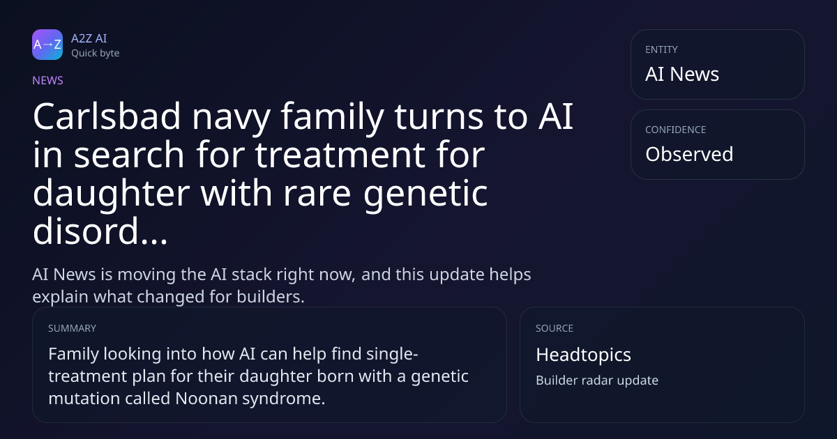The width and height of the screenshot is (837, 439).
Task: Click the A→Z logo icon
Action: (x=47, y=45)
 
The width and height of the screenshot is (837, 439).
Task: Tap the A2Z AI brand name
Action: (x=89, y=38)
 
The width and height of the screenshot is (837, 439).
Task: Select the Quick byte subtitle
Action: (x=96, y=54)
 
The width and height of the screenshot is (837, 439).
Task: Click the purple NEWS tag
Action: (x=47, y=80)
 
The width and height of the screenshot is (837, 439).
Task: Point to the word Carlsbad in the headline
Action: (x=107, y=116)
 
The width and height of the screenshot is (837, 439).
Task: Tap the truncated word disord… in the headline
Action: (x=100, y=231)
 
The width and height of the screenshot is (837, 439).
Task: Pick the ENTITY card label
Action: (x=661, y=49)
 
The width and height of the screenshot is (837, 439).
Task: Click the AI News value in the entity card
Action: (x=682, y=74)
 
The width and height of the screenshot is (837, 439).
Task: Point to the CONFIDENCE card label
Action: (x=675, y=130)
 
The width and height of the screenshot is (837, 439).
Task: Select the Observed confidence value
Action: (x=689, y=154)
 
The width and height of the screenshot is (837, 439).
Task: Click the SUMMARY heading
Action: (x=72, y=328)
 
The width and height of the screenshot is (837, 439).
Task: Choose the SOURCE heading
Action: (x=554, y=328)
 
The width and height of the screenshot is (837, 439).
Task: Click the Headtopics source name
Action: (x=583, y=355)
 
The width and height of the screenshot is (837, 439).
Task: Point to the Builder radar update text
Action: (x=597, y=380)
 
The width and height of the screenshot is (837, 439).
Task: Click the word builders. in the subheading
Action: (x=271, y=297)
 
